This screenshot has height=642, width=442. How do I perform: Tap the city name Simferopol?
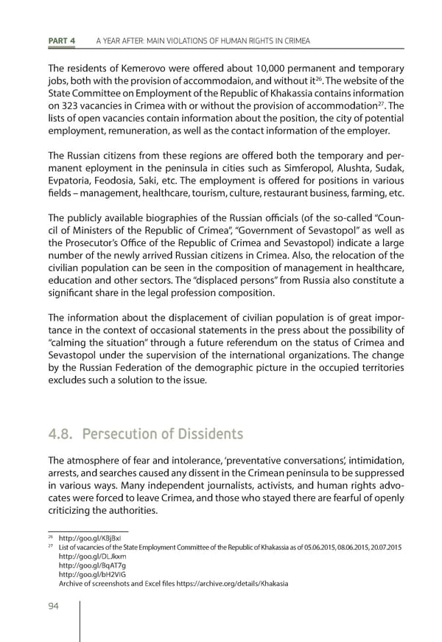coord(301,170)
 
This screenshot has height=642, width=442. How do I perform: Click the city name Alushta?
coord(348,170)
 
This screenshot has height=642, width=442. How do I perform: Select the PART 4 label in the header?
coord(63,40)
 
